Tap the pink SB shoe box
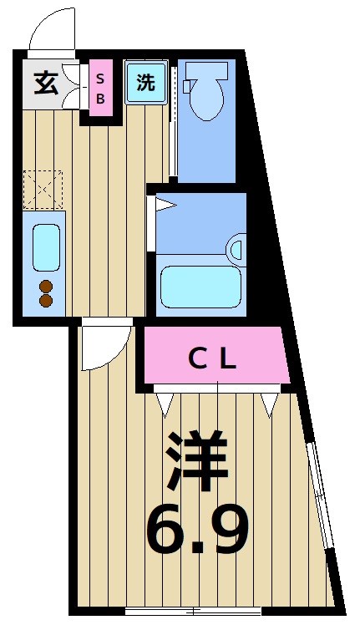coord(100,87)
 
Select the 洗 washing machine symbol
coord(146,83)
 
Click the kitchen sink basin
coord(46,246)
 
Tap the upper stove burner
coord(46,286)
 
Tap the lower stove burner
coord(46,301)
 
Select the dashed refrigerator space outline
coord(43,189)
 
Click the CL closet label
coord(212,358)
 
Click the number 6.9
coord(197,529)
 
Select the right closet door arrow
coord(268,404)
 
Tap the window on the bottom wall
coord(192,610)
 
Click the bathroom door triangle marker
coord(164,203)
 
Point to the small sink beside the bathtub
coord(236,249)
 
